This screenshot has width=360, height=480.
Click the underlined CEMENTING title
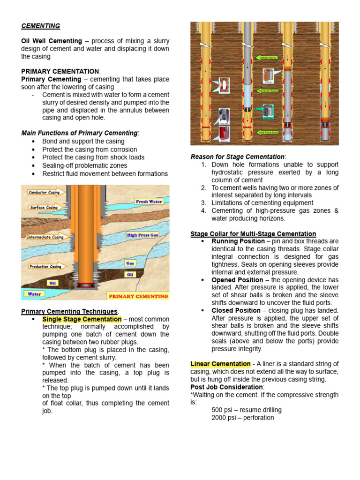41,26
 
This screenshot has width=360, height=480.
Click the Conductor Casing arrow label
44,193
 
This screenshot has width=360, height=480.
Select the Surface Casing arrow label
43,207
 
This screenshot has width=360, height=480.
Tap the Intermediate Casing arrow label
45,237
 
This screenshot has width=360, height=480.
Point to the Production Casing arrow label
45,266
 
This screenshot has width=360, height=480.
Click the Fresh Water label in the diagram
149,202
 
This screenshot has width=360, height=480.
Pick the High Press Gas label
142,235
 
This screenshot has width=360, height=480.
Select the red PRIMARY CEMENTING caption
138,296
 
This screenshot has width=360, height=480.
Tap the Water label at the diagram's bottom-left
34,294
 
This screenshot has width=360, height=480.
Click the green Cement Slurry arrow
266,58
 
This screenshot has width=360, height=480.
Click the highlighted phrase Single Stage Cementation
82,319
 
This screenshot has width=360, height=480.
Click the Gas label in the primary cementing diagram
130,263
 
